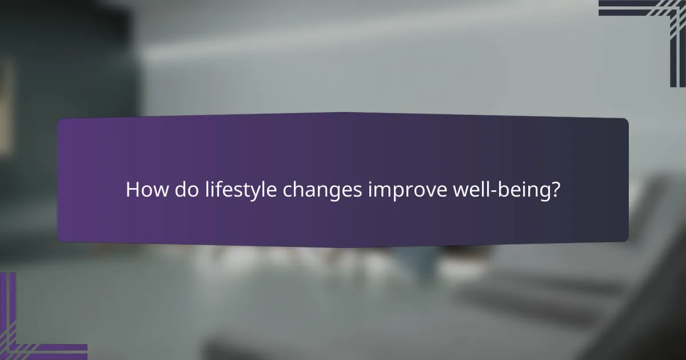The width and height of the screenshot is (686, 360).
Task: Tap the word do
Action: pos(182,190)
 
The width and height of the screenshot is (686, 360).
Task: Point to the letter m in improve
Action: pos(383,191)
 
